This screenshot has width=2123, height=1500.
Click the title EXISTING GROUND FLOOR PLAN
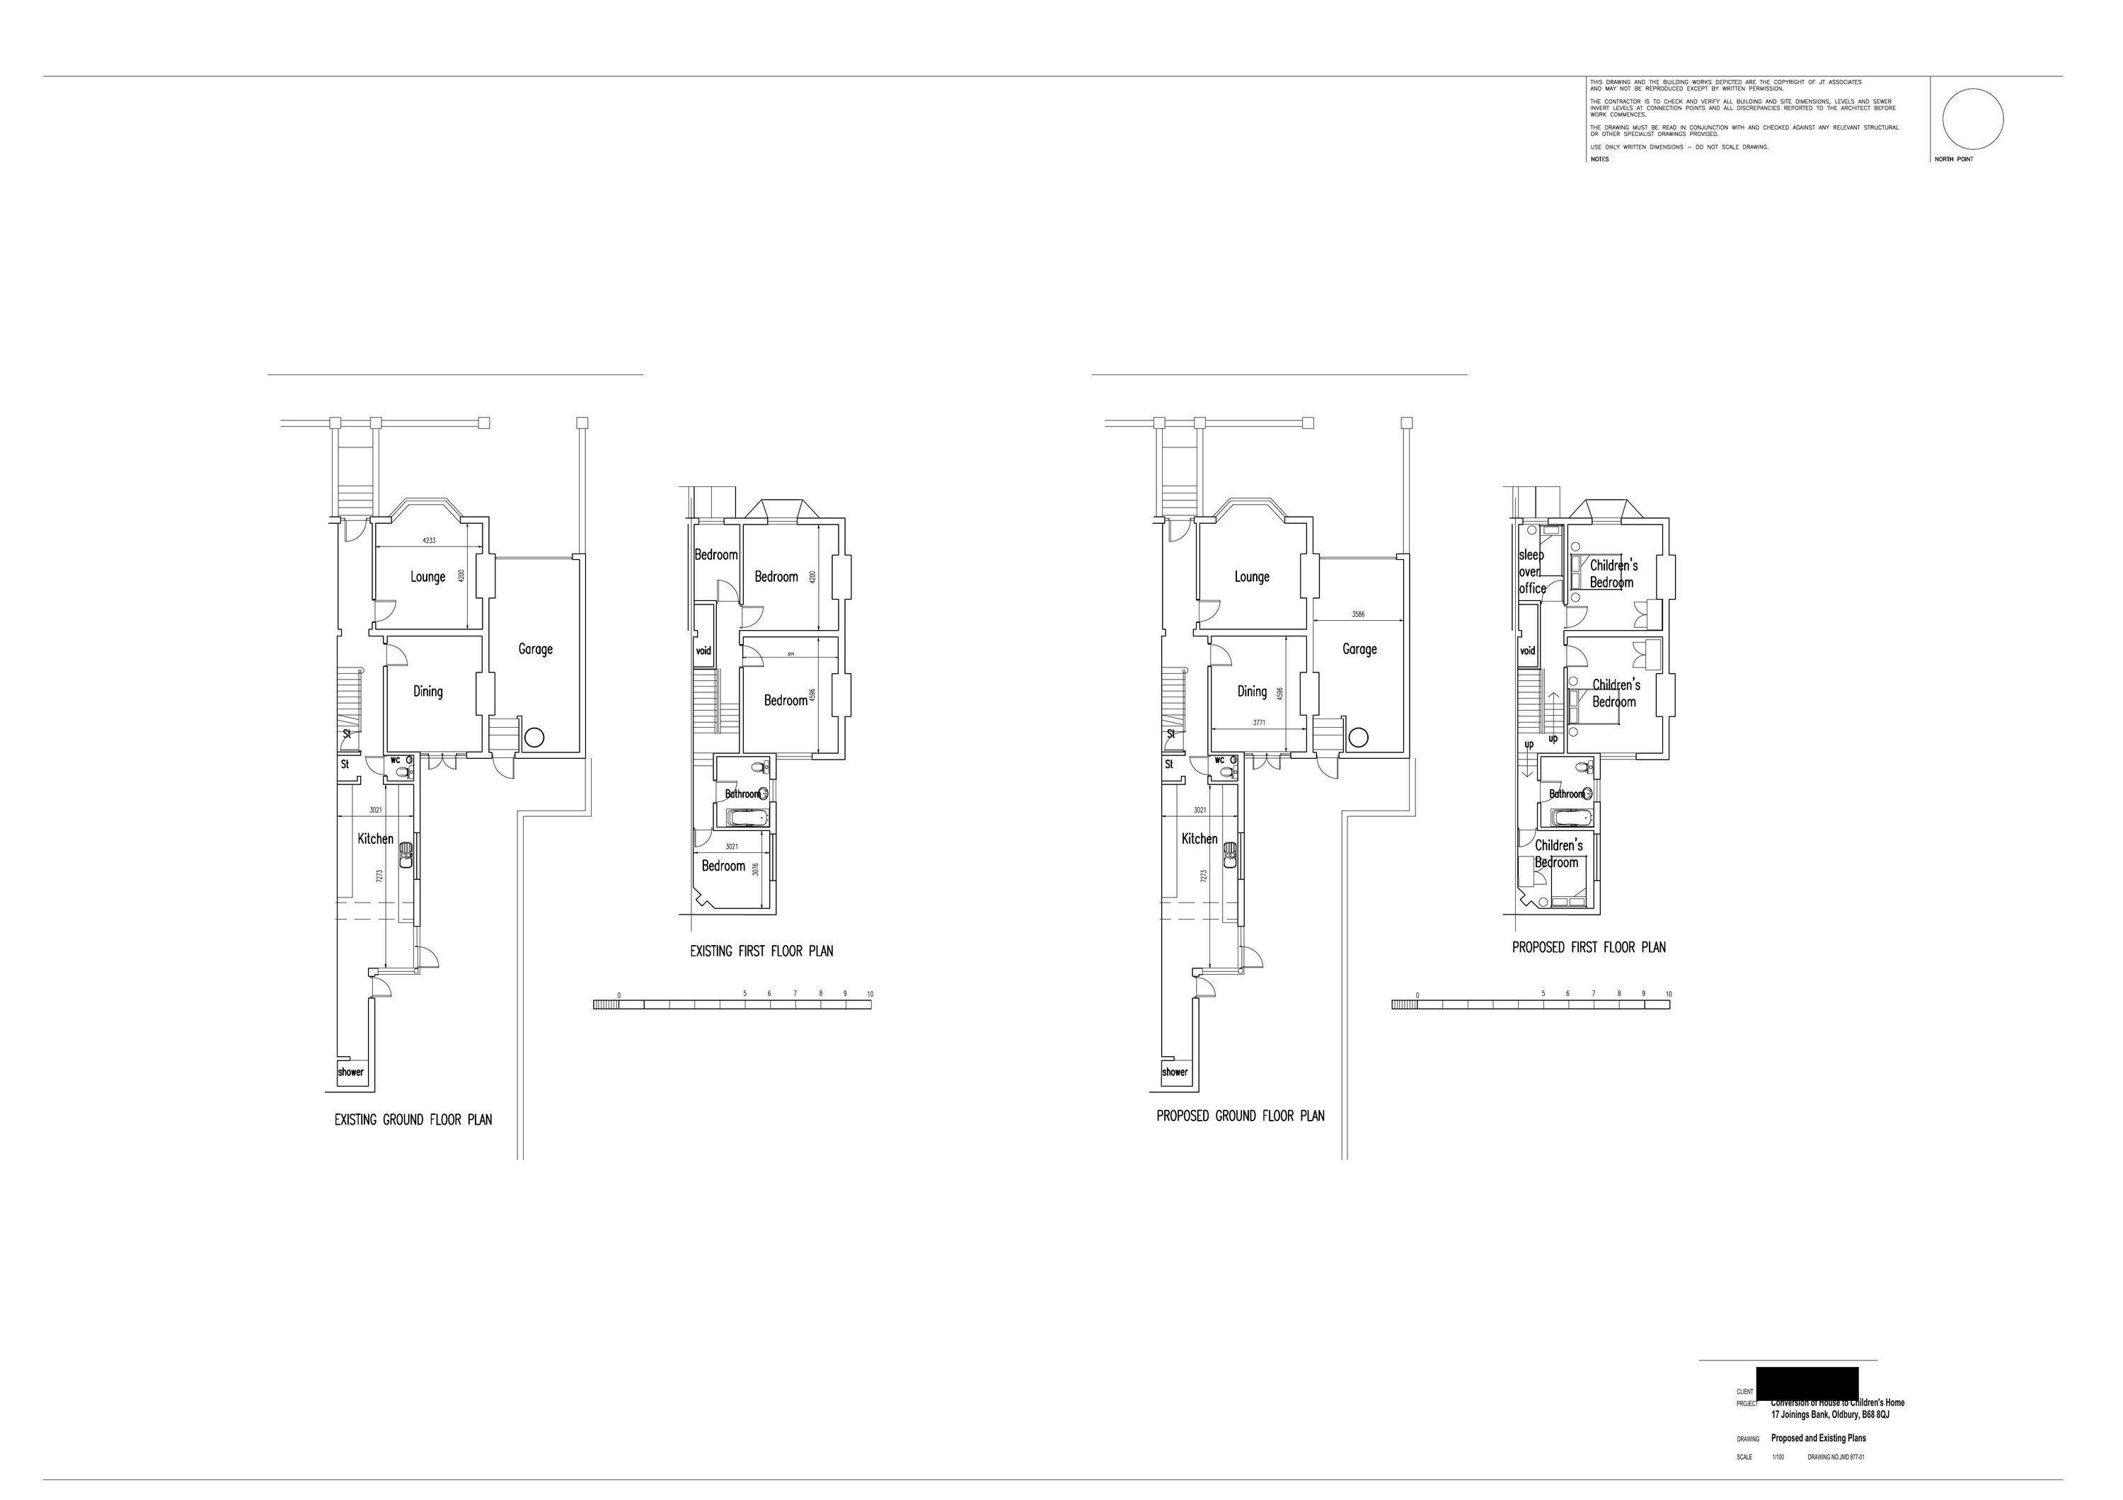coord(413,1120)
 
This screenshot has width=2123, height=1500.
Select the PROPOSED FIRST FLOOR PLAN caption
coord(1589,947)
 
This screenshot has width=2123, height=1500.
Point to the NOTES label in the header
coord(1599,159)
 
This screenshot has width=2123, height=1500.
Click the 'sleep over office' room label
coord(1531,571)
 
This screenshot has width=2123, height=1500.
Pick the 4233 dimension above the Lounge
coord(429,540)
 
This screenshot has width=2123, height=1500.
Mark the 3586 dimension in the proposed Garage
coord(1357,614)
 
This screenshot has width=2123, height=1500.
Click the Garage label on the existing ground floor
coord(536,649)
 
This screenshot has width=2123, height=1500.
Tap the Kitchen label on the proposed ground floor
coord(1199,839)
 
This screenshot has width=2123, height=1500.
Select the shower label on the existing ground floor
coord(350,1072)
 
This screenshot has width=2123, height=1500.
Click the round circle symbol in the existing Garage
coord(534,738)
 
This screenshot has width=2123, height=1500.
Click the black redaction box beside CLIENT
coord(1806,1382)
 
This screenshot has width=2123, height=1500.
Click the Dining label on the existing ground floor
coord(427,692)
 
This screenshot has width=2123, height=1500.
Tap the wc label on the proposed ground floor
coord(1219,760)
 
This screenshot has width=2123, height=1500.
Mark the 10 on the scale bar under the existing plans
coord(870,994)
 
